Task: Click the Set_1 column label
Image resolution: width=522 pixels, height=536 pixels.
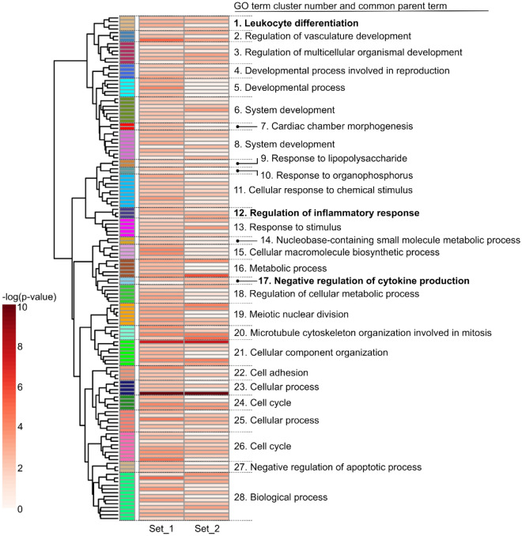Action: click(x=161, y=527)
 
